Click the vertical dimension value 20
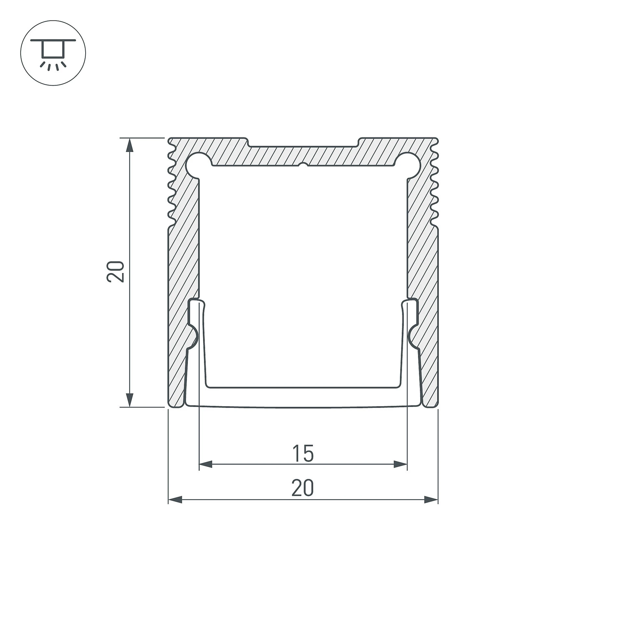(x=116, y=271)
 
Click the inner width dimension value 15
(x=303, y=453)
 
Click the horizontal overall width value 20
(x=303, y=488)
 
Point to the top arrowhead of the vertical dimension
(x=130, y=145)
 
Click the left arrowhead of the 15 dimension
(x=205, y=465)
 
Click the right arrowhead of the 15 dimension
(x=400, y=465)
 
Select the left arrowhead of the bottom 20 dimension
(x=175, y=500)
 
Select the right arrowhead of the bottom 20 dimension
(x=431, y=500)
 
